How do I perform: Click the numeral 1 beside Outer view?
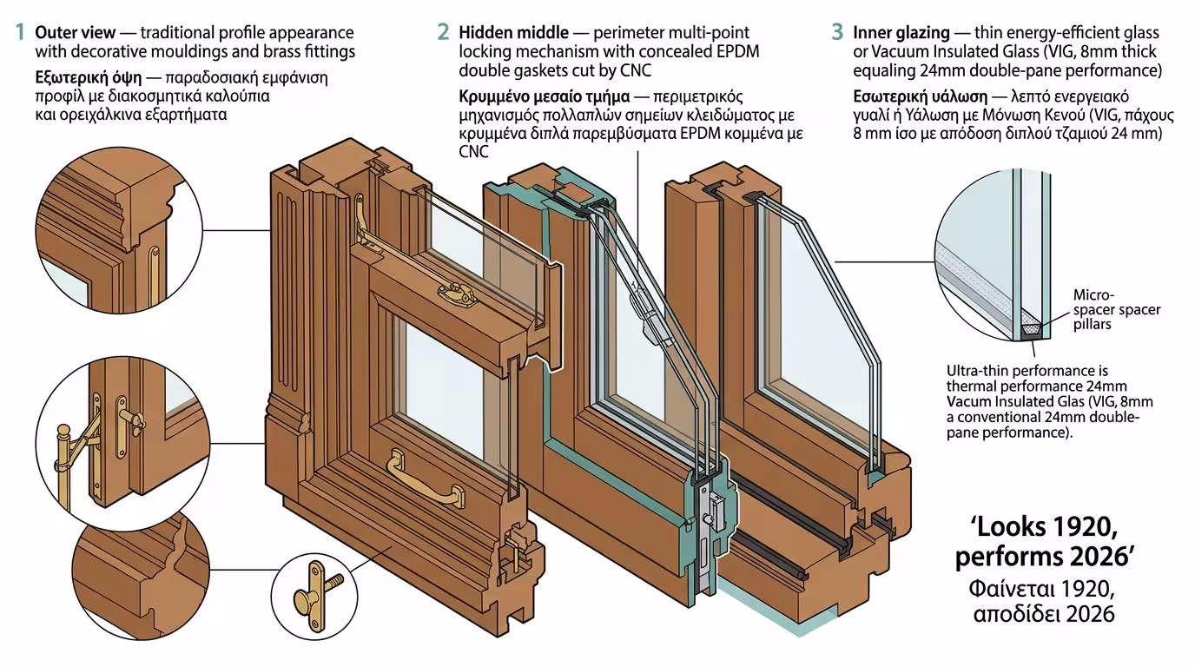click(x=19, y=33)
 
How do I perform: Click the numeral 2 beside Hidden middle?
click(x=443, y=33)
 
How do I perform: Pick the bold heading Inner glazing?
click(x=901, y=33)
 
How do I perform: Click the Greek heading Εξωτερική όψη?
click(x=86, y=76)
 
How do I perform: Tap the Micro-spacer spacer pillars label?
click(x=1116, y=309)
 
